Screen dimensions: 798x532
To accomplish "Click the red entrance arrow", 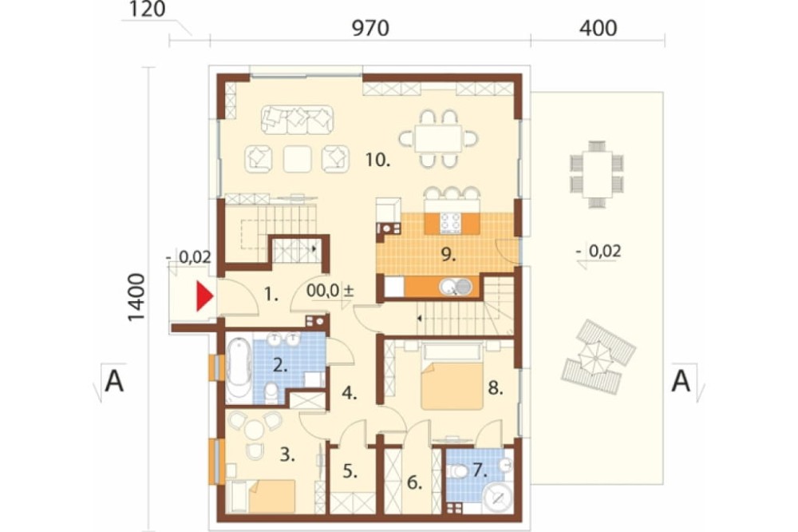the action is coord(204,296).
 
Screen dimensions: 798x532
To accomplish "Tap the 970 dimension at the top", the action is coord(370,28).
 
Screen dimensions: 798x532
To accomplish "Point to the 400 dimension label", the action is coord(598,28).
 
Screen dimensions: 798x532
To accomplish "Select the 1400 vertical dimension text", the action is coord(136,297).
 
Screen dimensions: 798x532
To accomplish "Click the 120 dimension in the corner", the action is coord(147,9).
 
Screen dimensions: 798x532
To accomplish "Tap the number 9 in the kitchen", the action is coord(448,254).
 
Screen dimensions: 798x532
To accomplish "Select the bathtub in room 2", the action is coord(236,369).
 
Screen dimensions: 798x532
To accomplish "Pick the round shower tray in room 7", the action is coord(497,498).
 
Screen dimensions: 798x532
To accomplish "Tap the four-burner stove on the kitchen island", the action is coord(450,223).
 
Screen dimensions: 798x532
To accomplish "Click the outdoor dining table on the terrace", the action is coord(597,174).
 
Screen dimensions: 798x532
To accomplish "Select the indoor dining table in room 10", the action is coord(438,138).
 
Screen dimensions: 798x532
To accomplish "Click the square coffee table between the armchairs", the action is coord(297,158).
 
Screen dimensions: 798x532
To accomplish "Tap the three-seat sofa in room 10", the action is coord(297,120).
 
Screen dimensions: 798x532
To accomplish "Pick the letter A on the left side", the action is coord(114,381).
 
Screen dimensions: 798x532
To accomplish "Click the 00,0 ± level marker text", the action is coord(330,291).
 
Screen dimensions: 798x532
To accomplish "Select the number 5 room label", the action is coord(350,471).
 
